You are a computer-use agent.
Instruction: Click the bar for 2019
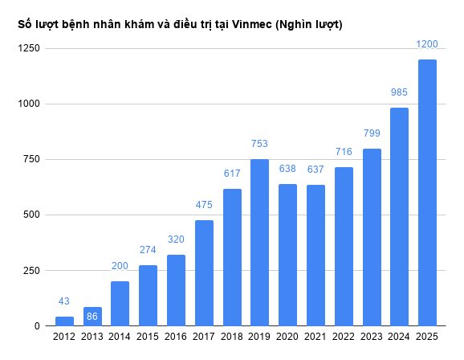click(259, 243)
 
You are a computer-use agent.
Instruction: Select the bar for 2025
click(427, 193)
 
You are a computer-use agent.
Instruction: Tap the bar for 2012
click(64, 321)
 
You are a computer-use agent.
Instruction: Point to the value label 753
click(259, 144)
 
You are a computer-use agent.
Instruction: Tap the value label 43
click(64, 301)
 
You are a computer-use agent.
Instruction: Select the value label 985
click(399, 92)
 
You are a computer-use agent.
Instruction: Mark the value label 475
click(204, 205)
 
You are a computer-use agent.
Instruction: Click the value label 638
click(287, 169)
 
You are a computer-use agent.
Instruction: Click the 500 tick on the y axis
click(31, 215)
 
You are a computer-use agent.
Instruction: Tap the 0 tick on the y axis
click(37, 326)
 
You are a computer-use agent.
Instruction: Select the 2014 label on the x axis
click(120, 337)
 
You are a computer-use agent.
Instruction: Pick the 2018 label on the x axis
click(231, 337)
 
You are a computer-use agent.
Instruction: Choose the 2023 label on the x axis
click(371, 337)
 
